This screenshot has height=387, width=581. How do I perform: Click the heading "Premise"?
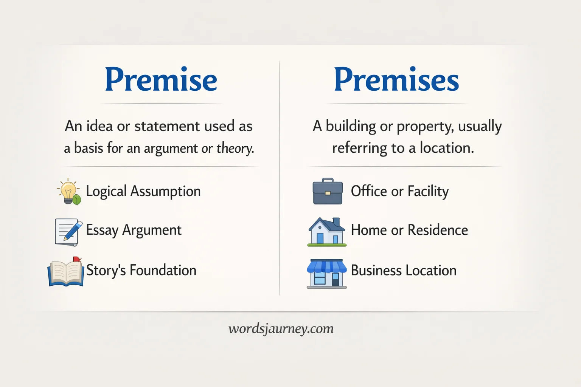(161, 80)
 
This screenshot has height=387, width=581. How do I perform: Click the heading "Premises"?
(396, 80)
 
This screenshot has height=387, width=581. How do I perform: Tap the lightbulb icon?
(68, 191)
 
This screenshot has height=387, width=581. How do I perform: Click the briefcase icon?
(328, 192)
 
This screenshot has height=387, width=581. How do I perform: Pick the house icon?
(327, 232)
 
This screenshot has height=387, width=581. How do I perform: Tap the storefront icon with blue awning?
(327, 274)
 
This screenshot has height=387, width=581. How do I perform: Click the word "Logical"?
(106, 191)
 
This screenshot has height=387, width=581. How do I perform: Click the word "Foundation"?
(163, 270)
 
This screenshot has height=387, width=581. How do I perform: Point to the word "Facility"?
(428, 191)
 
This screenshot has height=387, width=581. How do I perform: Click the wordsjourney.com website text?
(281, 328)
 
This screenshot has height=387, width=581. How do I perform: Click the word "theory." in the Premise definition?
(235, 148)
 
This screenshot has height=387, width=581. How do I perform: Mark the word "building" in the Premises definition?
(351, 126)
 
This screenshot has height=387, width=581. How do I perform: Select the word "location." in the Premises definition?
(447, 148)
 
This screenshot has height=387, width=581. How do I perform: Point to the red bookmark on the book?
(77, 259)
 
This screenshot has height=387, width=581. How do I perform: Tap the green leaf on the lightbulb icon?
(77, 200)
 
